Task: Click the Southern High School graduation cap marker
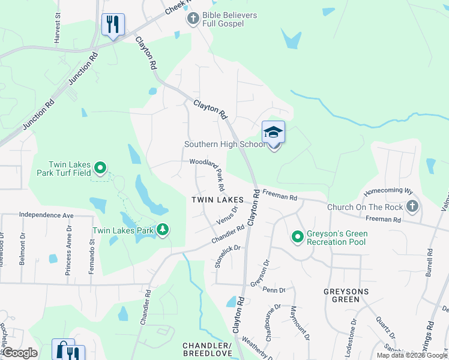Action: (273, 133)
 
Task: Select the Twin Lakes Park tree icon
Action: (162, 230)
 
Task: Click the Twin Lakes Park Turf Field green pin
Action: (100, 169)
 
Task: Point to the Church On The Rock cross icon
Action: (412, 207)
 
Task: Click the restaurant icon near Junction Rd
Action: (113, 25)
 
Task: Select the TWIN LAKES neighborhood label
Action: (217, 199)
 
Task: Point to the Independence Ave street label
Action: (46, 214)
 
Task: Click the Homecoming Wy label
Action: (388, 191)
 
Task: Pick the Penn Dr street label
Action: (274, 290)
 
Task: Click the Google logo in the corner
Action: (20, 353)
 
